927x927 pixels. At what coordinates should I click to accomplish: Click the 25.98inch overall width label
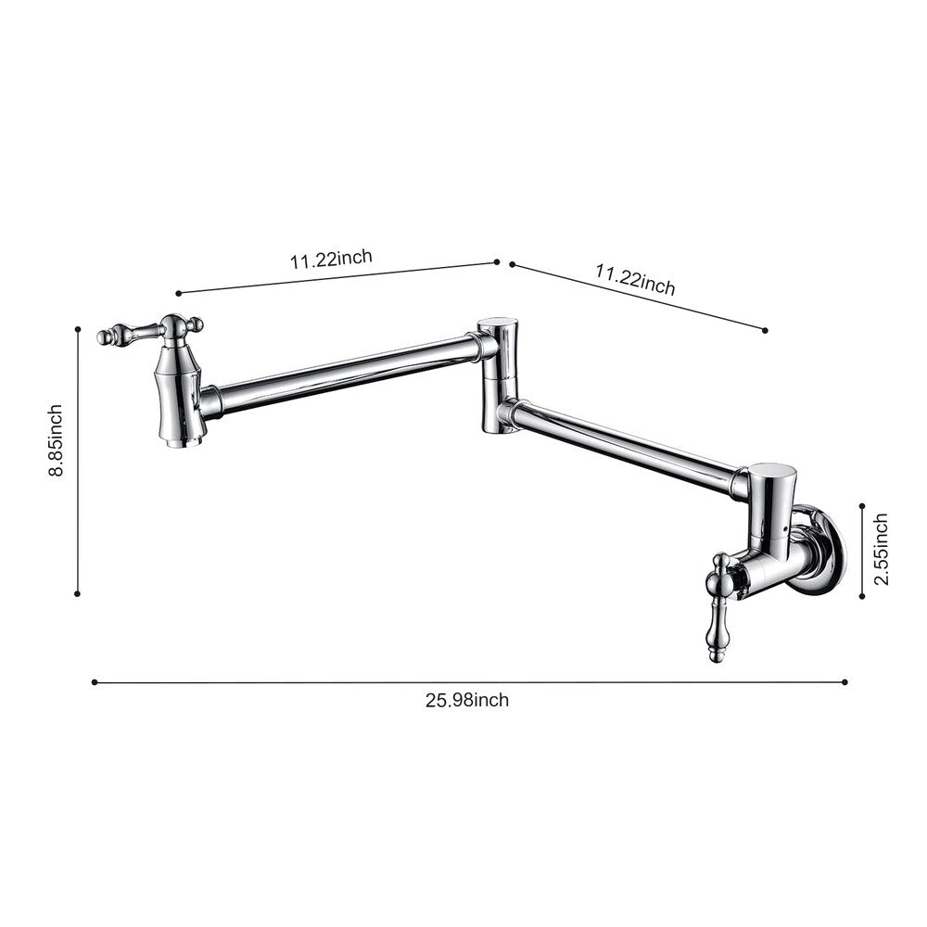(467, 700)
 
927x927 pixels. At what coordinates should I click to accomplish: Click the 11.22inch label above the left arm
(331, 260)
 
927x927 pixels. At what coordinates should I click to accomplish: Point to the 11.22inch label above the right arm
(635, 280)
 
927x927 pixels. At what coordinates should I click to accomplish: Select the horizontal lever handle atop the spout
(153, 331)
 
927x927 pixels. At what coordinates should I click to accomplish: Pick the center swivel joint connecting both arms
(497, 375)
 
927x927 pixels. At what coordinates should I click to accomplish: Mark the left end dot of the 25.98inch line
(95, 682)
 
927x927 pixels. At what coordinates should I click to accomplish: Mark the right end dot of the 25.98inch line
(844, 681)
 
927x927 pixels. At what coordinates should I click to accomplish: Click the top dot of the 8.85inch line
(78, 327)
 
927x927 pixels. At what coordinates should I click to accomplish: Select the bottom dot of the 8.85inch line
(78, 594)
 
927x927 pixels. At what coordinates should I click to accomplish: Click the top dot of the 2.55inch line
(862, 506)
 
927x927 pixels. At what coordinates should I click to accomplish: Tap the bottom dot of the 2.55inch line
(862, 596)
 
